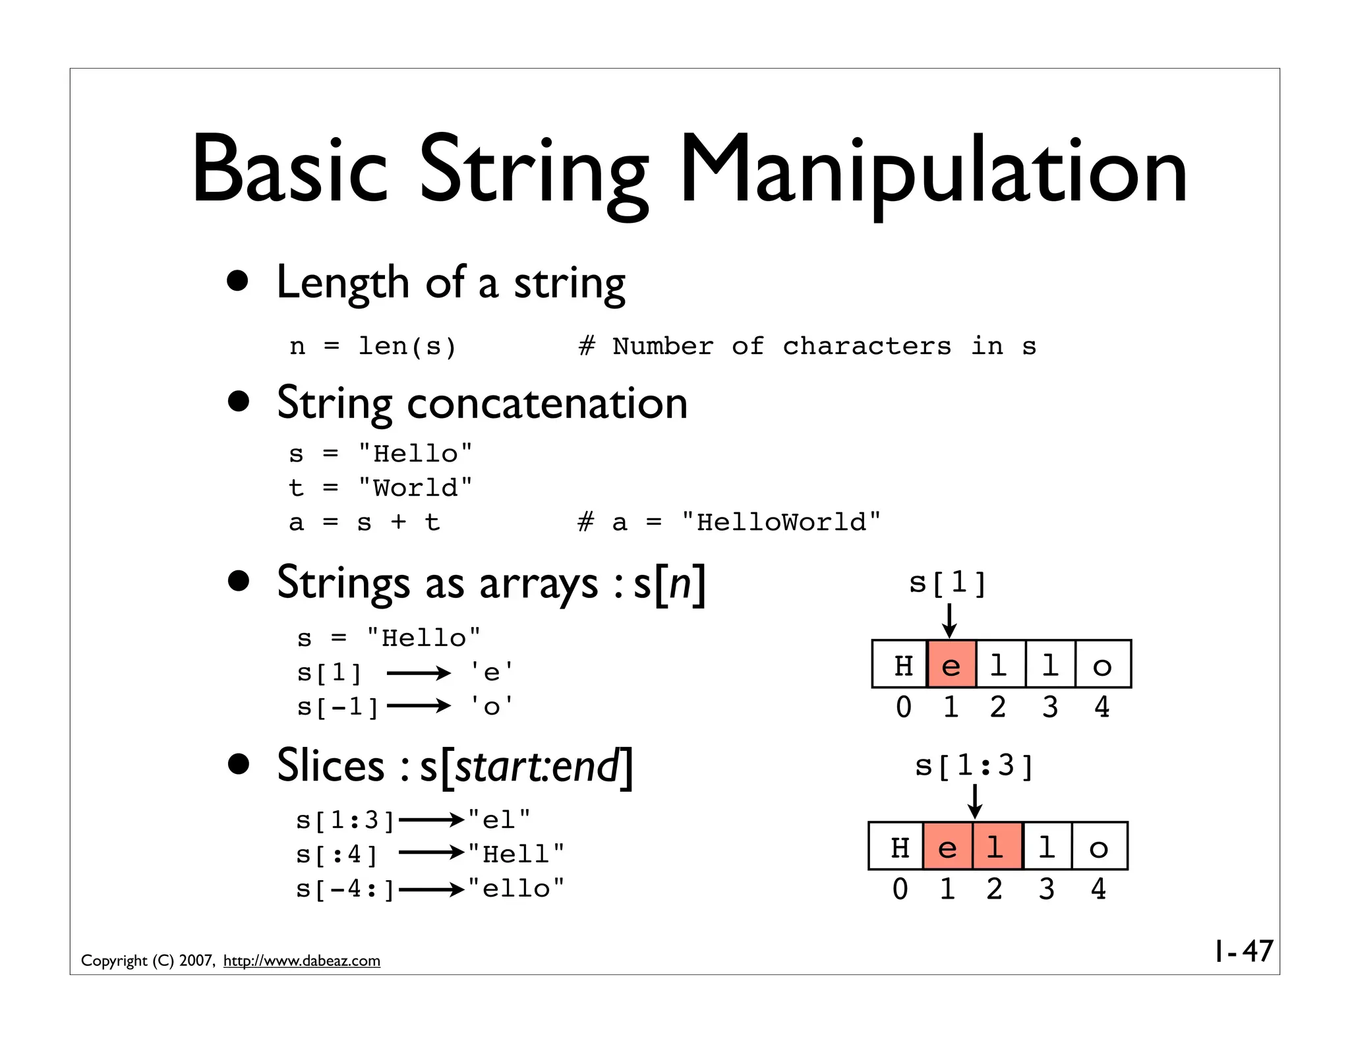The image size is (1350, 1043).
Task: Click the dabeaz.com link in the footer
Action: [301, 961]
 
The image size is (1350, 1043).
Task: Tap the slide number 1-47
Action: [1243, 951]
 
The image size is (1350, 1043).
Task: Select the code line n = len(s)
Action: [372, 346]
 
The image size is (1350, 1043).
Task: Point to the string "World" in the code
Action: [415, 488]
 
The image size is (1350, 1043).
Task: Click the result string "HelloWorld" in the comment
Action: [781, 522]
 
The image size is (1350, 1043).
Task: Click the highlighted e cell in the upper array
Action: [951, 665]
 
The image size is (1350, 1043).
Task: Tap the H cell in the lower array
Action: [900, 847]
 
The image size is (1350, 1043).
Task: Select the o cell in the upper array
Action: [1102, 665]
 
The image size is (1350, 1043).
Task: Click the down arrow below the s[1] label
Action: [949, 620]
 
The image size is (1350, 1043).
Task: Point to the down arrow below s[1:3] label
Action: [975, 802]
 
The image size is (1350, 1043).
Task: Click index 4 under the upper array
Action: [1101, 707]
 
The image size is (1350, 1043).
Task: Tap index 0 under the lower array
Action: [900, 889]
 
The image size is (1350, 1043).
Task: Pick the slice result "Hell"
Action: [516, 854]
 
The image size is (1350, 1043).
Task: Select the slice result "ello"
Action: [516, 889]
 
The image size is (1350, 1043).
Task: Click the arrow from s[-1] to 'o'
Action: [419, 707]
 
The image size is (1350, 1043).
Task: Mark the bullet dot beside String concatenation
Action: [239, 401]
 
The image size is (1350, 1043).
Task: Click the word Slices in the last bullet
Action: [330, 765]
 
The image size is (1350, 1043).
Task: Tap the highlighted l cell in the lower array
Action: [996, 847]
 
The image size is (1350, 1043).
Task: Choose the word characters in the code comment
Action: [867, 346]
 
